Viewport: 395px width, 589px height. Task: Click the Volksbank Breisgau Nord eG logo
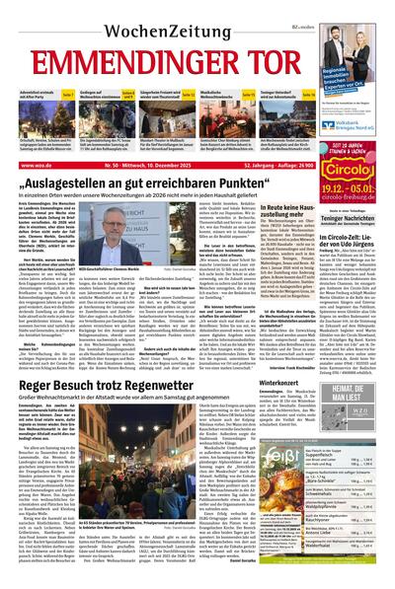pos(363,127)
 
